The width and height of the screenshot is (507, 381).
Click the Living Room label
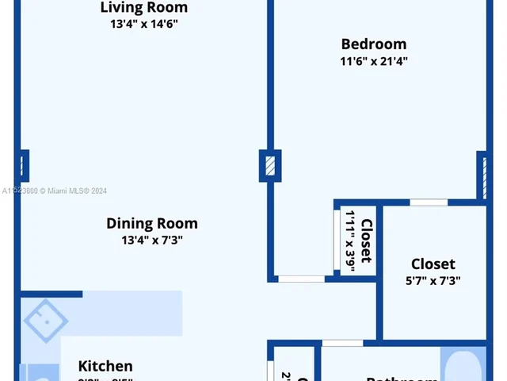144,8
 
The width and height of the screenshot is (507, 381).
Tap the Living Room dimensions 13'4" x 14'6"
144,25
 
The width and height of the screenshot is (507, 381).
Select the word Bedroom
373,44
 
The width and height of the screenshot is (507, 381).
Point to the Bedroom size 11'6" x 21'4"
373,61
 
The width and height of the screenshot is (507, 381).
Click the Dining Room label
152,223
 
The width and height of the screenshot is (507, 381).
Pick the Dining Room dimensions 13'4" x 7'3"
152,241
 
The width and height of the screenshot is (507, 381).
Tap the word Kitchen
105,366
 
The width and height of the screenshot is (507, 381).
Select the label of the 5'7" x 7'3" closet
433,264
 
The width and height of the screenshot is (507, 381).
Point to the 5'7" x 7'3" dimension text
433,280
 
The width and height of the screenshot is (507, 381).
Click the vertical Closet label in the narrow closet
367,241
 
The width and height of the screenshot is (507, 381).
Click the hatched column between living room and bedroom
270,166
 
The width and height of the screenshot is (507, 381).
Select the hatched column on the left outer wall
23,165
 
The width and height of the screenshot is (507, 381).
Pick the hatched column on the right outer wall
481,175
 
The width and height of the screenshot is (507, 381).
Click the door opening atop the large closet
429,202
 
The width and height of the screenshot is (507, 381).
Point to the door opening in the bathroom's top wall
343,343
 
